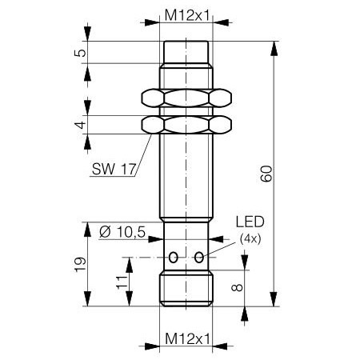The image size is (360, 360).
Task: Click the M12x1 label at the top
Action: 187,14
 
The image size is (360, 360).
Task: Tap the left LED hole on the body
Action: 174,257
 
